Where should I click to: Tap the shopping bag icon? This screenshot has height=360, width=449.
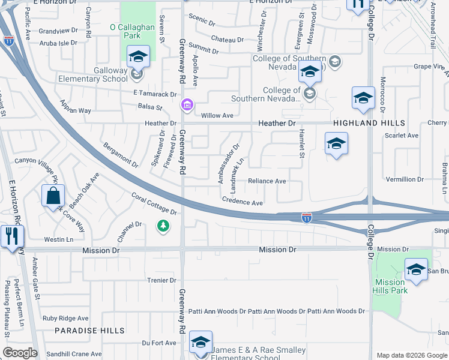pyautogui.click(x=53, y=195)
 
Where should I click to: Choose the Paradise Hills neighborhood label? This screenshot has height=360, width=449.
pyautogui.click(x=90, y=331)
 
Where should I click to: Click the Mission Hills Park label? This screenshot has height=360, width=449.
pyautogui.click(x=391, y=286)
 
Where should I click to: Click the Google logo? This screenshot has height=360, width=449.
pyautogui.click(x=20, y=353)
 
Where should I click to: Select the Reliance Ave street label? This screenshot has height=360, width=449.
pyautogui.click(x=267, y=181)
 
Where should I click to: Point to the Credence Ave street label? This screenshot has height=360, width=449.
pyautogui.click(x=243, y=202)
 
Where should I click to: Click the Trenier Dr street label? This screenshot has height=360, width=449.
pyautogui.click(x=161, y=280)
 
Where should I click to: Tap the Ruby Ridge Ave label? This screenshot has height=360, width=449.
pyautogui.click(x=65, y=318)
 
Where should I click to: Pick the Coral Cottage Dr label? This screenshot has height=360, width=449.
pyautogui.click(x=154, y=204)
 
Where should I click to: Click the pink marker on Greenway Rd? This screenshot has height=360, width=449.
pyautogui.click(x=187, y=106)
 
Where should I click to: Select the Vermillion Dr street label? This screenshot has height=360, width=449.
pyautogui.click(x=405, y=179)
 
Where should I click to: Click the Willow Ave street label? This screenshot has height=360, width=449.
pyautogui.click(x=217, y=115)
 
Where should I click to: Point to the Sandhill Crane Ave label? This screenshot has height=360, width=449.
pyautogui.click(x=74, y=355)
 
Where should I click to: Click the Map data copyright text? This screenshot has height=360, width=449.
pyautogui.click(x=412, y=355)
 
